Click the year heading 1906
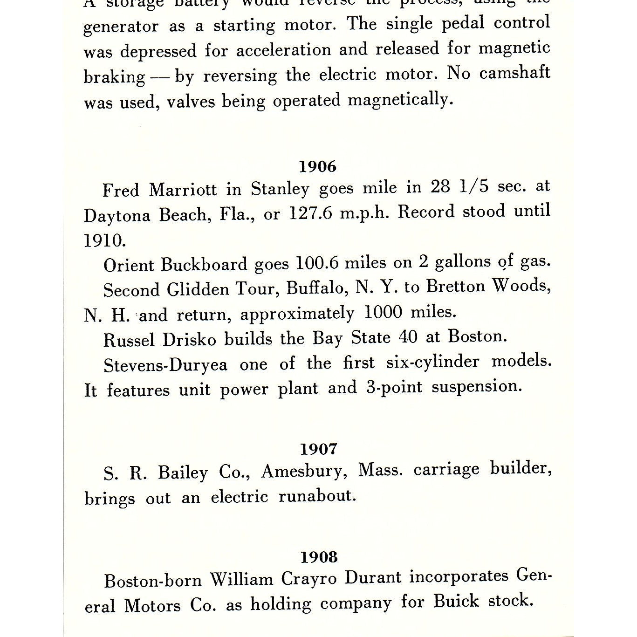coord(317,166)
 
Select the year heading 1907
coord(318,449)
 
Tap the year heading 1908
coord(319,557)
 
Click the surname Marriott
coord(183,190)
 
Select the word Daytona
coord(116,216)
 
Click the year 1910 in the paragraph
coord(104,240)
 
